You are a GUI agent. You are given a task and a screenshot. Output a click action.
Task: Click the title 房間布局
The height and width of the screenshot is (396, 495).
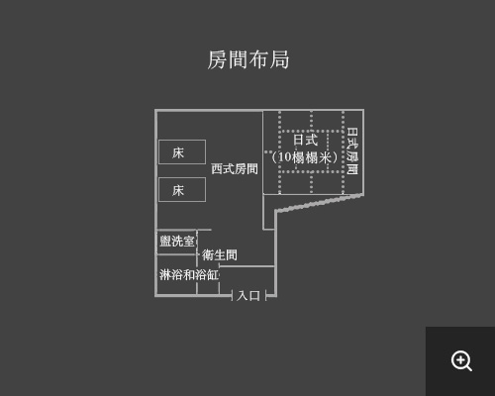248,59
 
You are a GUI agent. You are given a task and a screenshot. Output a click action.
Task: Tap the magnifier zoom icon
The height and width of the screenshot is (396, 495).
461,361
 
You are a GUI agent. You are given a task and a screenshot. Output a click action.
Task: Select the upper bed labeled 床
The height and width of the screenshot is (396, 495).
182,151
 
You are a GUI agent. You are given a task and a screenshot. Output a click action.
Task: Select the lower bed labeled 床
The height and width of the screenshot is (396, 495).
182,190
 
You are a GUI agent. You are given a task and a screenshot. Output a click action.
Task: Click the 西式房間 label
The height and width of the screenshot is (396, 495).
235,168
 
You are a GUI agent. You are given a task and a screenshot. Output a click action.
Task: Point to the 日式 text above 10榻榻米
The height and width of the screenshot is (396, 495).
306,140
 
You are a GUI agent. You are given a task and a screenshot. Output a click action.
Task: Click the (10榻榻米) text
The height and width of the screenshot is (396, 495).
305,157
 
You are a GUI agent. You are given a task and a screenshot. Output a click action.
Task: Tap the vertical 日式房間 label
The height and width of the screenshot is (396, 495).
352,150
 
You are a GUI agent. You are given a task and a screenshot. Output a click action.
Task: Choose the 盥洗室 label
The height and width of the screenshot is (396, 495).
177,241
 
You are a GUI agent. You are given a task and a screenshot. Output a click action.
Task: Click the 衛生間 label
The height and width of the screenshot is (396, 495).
220,254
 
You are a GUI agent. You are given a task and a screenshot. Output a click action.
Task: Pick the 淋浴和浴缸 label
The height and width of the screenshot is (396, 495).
189,274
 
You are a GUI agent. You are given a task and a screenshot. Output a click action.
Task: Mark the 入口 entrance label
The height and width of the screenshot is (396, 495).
248,295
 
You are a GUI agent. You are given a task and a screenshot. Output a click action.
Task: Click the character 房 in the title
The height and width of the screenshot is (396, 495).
217,59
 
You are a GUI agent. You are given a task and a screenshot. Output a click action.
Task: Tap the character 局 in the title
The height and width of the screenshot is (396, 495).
279,59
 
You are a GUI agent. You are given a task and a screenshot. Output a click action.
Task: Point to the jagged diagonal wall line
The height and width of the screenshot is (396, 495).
320,203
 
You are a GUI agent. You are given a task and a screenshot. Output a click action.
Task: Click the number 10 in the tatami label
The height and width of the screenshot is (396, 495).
284,157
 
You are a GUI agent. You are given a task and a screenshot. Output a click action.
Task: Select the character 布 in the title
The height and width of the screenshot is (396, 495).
258,59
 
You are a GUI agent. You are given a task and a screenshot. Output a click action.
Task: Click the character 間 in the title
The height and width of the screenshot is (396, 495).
238,59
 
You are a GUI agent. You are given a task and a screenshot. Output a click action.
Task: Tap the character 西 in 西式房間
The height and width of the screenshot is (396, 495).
217,168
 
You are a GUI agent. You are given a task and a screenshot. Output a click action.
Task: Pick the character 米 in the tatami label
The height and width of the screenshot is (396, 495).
325,157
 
